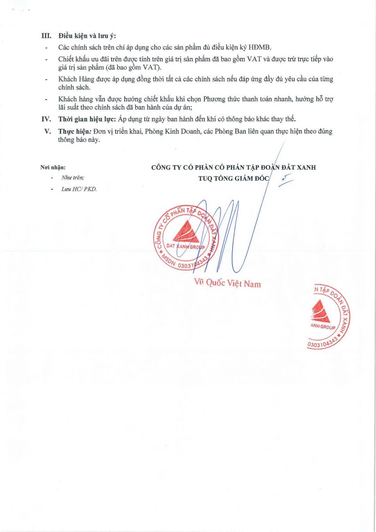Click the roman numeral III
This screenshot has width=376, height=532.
pos(46,36)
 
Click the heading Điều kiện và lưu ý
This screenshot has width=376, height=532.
pos(87,36)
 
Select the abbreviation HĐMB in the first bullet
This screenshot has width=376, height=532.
pos(259,47)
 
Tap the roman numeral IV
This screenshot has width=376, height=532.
pos(46,119)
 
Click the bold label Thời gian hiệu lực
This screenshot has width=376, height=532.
pos(87,119)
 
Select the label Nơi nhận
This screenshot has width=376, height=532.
pos(53,168)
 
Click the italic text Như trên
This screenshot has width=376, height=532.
pos(73,178)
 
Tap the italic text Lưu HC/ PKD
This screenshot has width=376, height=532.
pos(79,189)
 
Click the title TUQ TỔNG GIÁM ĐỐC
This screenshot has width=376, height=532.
pos(234,179)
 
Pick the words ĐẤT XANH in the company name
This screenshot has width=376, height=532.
pos(299,168)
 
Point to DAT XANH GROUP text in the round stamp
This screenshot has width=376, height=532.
pos(186,246)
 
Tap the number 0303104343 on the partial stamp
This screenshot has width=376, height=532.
pos(322,342)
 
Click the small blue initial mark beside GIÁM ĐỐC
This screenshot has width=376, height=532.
pos(287,179)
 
